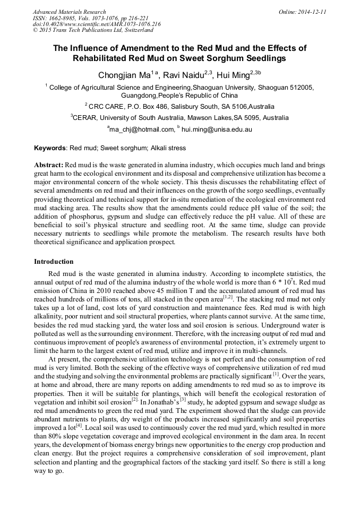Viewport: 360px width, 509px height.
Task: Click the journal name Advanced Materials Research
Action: click(69, 12)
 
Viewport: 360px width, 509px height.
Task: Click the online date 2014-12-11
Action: click(312, 12)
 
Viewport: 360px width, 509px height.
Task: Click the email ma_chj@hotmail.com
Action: click(142, 130)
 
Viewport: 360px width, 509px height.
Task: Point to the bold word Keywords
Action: click(50, 148)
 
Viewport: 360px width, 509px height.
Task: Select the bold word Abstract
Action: click(48, 165)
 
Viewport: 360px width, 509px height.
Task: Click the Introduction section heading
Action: click(54, 262)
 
